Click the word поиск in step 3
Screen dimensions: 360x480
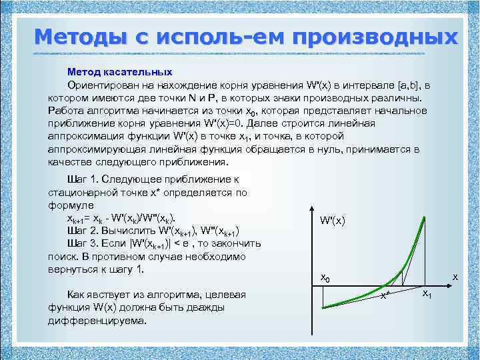coord(62,256)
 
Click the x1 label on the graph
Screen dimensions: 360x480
coord(428,295)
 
